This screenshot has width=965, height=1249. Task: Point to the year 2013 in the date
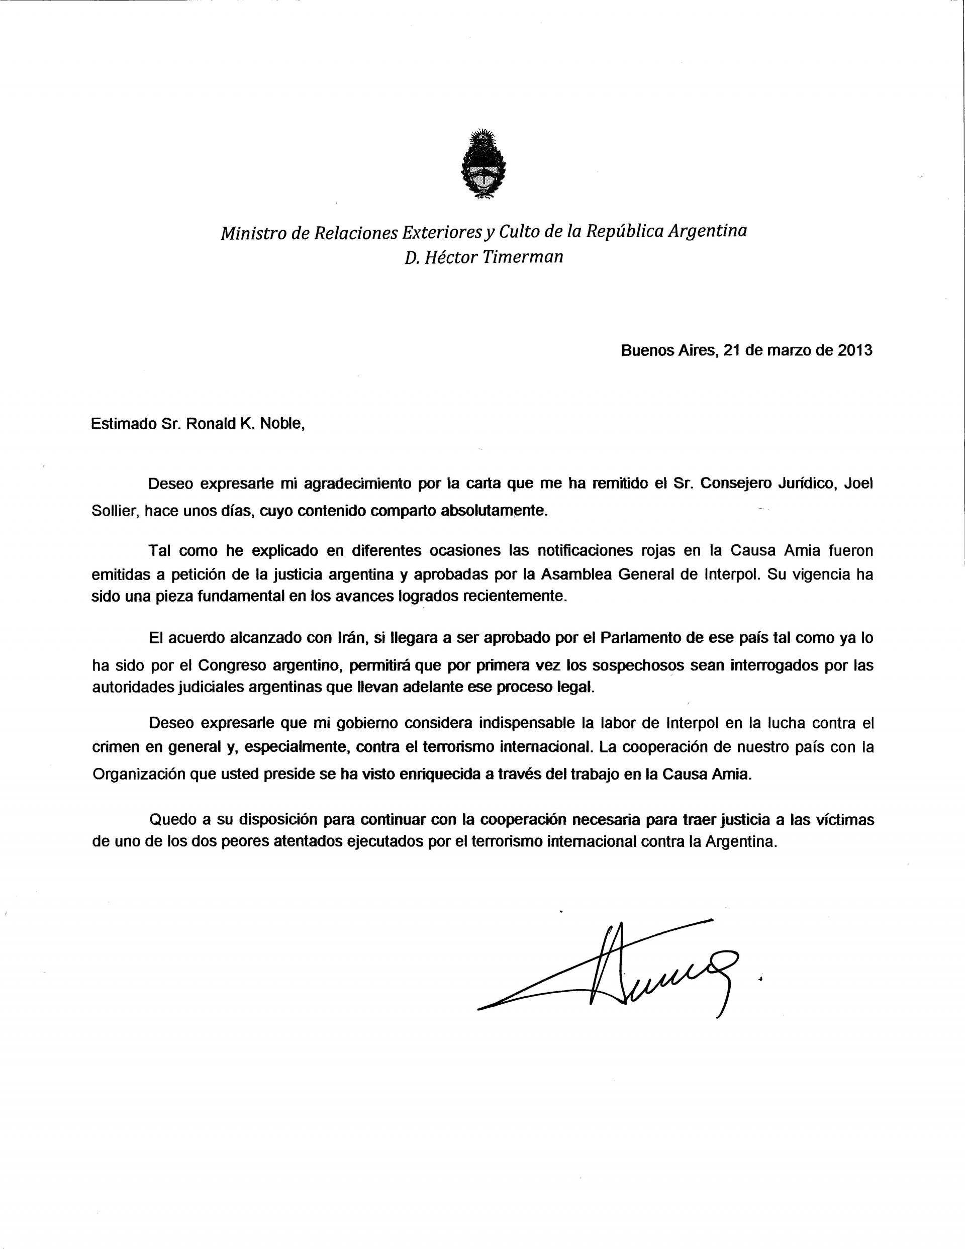(x=855, y=350)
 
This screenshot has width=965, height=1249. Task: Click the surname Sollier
(x=115, y=511)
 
